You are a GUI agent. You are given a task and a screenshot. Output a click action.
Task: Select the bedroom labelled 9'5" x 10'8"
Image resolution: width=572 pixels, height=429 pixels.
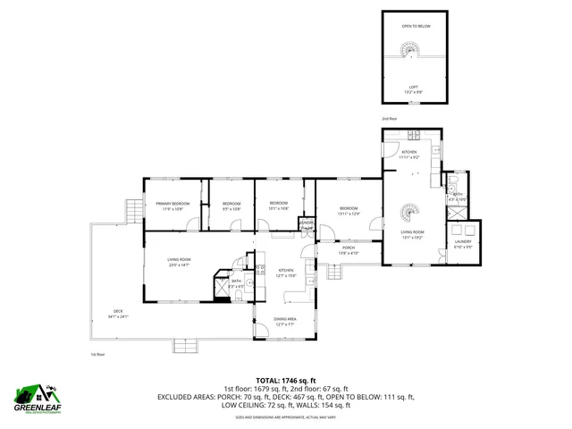[231, 206]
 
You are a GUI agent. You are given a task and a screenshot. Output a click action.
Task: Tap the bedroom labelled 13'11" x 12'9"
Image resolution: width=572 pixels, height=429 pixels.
[349, 211]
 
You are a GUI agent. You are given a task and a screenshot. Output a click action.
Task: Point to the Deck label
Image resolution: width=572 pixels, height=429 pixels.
[118, 315]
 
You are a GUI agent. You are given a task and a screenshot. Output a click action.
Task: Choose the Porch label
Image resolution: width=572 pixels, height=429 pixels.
[348, 251]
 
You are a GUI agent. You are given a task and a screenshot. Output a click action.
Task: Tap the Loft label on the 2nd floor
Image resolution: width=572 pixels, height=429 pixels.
[413, 89]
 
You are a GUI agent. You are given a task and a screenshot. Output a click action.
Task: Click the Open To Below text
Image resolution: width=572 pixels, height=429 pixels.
[416, 26]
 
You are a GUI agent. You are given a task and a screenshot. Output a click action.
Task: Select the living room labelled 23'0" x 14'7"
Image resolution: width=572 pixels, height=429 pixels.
[179, 262]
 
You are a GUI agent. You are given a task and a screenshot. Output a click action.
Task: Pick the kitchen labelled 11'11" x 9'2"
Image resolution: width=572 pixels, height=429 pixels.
[409, 155]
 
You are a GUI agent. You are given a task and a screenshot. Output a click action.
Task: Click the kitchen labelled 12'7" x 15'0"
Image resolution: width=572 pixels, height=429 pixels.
[285, 273]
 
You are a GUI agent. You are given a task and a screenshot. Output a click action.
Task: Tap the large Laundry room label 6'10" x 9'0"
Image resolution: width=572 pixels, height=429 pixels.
[463, 244]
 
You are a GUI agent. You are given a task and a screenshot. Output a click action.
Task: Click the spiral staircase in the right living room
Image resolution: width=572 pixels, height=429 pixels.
[407, 214]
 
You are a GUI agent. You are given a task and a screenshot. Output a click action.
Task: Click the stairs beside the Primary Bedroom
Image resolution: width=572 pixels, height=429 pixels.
[132, 212]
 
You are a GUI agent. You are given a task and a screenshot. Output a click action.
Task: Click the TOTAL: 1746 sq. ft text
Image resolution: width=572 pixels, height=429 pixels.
[285, 380]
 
